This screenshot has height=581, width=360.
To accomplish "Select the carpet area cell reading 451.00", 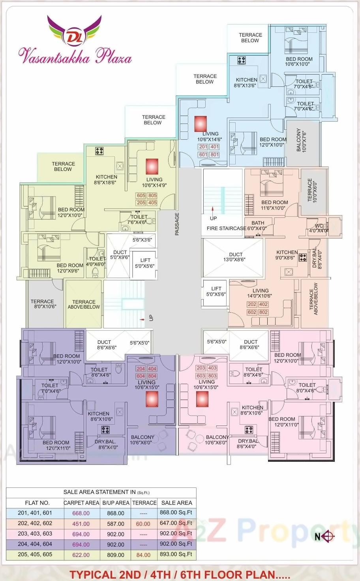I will pyautogui.click(x=81, y=524).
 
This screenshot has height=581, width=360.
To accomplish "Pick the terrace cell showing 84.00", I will pyautogui.click(x=143, y=555).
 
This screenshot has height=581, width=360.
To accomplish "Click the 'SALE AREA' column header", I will pyautogui.click(x=176, y=503).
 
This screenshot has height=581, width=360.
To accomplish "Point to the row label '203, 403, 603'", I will pyautogui.click(x=35, y=534).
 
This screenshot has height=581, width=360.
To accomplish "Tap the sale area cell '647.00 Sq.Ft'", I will pyautogui.click(x=176, y=523).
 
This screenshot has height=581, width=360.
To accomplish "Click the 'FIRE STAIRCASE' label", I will pyautogui.click(x=226, y=228).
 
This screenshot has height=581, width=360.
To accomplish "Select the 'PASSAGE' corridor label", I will pyautogui.click(x=177, y=224).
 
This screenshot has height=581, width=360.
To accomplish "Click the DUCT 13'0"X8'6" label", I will pyautogui.click(x=236, y=257).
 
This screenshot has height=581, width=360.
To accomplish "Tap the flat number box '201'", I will pyautogui.click(x=203, y=147).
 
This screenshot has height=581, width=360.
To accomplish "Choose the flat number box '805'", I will pyautogui.click(x=152, y=195).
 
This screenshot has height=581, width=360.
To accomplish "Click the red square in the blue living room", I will pyautogui.click(x=201, y=124).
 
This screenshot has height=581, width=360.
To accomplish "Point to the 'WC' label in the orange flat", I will pyautogui.click(x=319, y=226).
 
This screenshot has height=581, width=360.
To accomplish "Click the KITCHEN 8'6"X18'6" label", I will pyautogui.click(x=106, y=180).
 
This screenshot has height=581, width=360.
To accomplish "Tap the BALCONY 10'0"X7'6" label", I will pyautogui.click(x=301, y=140).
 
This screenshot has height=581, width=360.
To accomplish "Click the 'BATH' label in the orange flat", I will pyautogui.click(x=258, y=223).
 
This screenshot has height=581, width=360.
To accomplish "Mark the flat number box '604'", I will pyautogui.click(x=141, y=376).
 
